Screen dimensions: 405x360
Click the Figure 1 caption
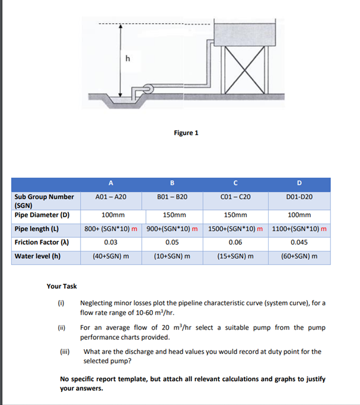[186, 133]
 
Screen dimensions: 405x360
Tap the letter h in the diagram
[128, 58]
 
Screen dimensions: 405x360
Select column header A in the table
[110, 183]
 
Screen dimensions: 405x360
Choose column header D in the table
[300, 183]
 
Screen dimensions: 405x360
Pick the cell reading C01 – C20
[235, 197]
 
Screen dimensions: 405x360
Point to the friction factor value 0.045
[299, 243]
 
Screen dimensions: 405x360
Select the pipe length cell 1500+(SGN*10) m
[235, 229]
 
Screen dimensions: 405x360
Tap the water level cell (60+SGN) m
[299, 257]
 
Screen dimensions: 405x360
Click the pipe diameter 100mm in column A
[110, 215]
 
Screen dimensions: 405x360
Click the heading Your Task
[62, 286]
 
